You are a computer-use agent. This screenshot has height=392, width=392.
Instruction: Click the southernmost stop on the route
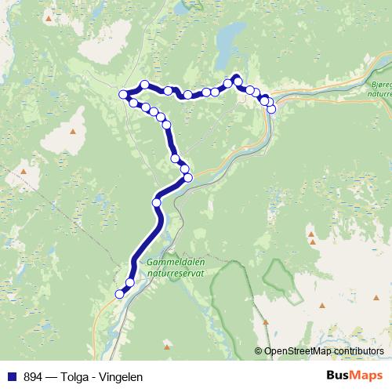[120, 294]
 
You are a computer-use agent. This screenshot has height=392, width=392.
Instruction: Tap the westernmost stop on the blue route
[123, 95]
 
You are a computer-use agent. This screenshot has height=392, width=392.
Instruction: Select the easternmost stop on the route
[272, 109]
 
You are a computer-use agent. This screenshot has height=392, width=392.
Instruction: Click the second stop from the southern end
[130, 282]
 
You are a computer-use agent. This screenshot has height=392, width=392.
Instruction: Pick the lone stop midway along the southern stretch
[156, 202]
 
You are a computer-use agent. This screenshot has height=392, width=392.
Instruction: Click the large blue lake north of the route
[229, 38]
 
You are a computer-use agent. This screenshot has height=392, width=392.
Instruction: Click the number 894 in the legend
[33, 376]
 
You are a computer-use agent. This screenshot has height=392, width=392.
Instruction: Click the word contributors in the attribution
[358, 351]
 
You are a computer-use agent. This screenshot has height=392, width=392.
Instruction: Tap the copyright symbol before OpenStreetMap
[259, 351]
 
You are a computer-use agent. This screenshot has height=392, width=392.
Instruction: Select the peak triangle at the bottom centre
[166, 345]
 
